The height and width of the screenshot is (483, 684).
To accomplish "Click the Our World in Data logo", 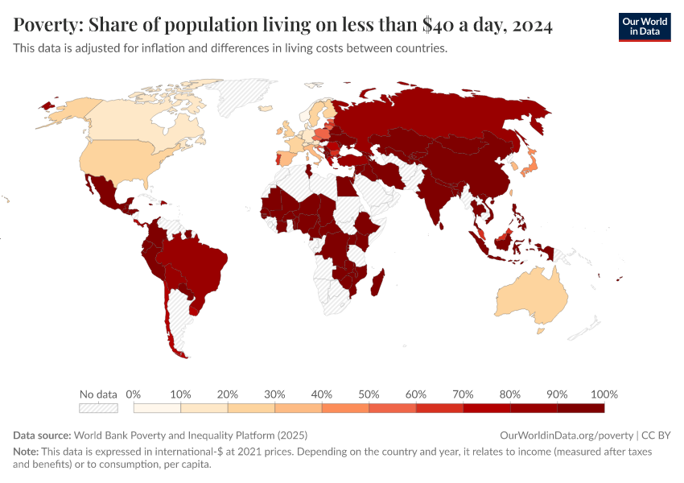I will pos(644,26).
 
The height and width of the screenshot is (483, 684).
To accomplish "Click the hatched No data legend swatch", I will pos(98,409).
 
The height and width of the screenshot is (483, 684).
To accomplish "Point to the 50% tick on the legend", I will pos(369,394).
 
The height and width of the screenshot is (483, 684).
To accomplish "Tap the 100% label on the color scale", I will pos(604,394).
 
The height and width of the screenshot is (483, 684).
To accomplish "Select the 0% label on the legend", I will pos(134,394).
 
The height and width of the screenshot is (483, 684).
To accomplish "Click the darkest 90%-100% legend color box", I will pos(580,409).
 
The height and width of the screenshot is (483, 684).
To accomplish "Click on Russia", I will pos(451,113).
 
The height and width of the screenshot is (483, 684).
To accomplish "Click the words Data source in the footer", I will pos(41,435).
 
